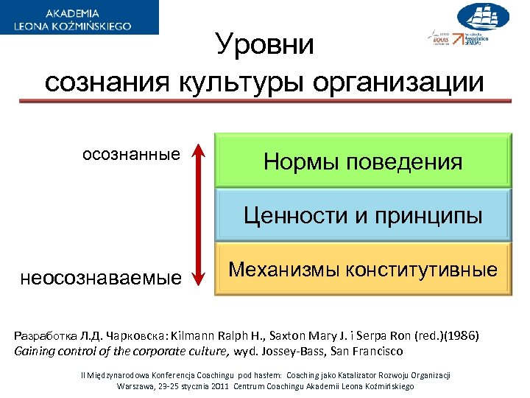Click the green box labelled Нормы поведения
pyautogui.click(x=363, y=161)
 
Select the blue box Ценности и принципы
pyautogui.click(x=363, y=215)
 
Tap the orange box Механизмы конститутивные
pyautogui.click(x=363, y=269)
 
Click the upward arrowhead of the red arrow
pyautogui.click(x=197, y=152)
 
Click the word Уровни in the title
pyautogui.click(x=265, y=46)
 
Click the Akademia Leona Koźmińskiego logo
pyautogui.click(x=79, y=18)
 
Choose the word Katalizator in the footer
pyautogui.click(x=353, y=375)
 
